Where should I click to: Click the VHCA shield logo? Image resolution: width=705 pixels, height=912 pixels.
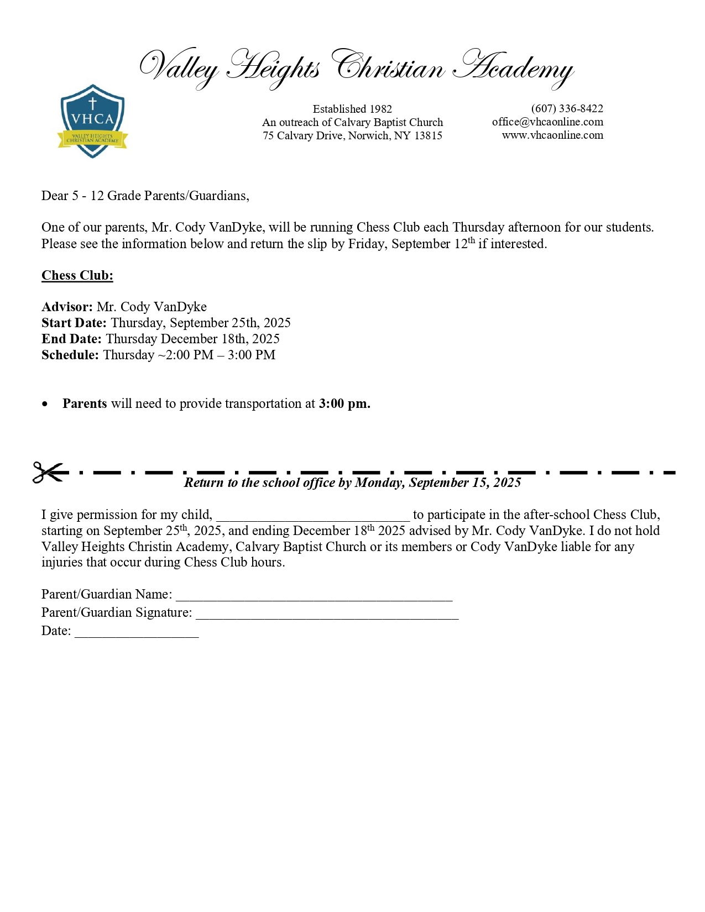(92, 121)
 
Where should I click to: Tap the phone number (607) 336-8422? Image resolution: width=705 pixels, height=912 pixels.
(567, 108)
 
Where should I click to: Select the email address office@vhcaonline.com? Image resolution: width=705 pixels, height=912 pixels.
(547, 122)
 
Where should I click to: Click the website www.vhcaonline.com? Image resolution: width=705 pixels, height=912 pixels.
(552, 135)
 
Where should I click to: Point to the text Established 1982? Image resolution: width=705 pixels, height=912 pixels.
(352, 109)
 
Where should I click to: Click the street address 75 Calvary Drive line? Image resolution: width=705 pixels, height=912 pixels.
(352, 135)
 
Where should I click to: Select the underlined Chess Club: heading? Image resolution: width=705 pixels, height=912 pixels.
(77, 275)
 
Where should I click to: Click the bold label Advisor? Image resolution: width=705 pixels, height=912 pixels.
(67, 307)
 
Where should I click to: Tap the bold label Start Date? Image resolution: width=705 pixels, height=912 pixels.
(74, 323)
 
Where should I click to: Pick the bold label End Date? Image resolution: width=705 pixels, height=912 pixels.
(71, 339)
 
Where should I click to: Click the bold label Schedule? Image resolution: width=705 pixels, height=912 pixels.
(70, 355)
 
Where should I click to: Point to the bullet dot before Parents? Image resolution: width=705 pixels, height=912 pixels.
(45, 404)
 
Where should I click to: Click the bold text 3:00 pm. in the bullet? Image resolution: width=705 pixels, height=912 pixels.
(344, 403)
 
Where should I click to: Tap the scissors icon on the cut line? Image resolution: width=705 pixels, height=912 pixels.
(48, 472)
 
